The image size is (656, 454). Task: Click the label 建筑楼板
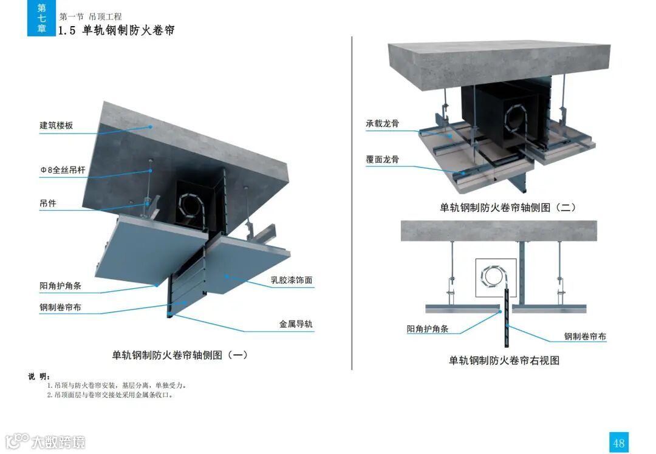[x=56, y=126]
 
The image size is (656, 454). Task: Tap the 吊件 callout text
[x=48, y=203]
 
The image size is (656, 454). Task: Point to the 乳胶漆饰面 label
[x=292, y=280]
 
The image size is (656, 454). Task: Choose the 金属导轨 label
[x=296, y=324]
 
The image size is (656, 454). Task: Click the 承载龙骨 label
[x=382, y=124]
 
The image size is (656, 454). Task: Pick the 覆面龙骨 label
[x=382, y=160]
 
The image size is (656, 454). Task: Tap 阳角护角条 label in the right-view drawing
[x=428, y=329]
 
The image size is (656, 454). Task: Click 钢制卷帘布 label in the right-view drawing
[x=585, y=336]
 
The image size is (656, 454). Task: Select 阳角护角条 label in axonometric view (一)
[x=61, y=286]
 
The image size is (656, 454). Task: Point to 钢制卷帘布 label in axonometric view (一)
[x=61, y=307]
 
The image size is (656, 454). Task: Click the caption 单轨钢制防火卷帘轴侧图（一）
[x=180, y=355]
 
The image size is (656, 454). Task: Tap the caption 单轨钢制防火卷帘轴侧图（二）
[x=508, y=208]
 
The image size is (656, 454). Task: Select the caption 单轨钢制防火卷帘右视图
[x=504, y=361]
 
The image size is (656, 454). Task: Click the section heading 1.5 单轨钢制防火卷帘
[x=116, y=30]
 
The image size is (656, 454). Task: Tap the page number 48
[x=618, y=443]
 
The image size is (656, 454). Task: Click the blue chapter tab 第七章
[x=41, y=18]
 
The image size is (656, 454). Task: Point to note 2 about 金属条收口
[x=110, y=395]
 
